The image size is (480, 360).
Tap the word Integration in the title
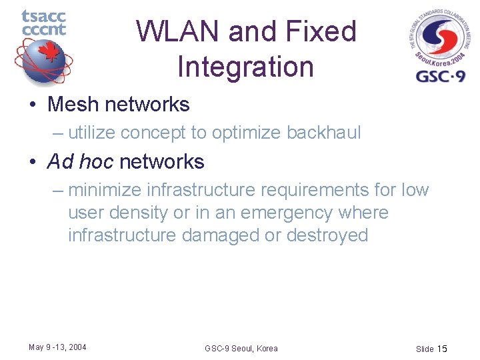coord(245,67)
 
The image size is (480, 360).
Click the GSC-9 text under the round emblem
coord(441,75)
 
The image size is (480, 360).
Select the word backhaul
coord(323,133)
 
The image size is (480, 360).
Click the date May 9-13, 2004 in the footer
coord(57,347)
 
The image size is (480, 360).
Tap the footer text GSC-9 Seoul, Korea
coord(241,348)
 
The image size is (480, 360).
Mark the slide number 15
coord(443,349)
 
